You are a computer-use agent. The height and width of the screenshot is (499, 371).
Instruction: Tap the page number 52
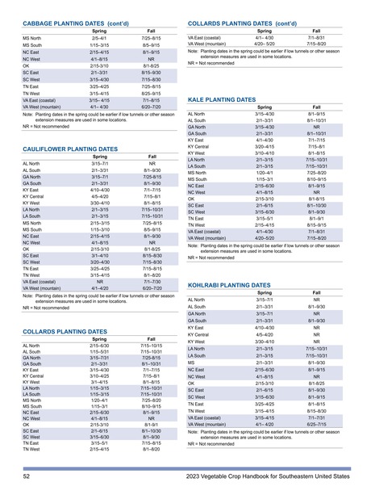(27, 478)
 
